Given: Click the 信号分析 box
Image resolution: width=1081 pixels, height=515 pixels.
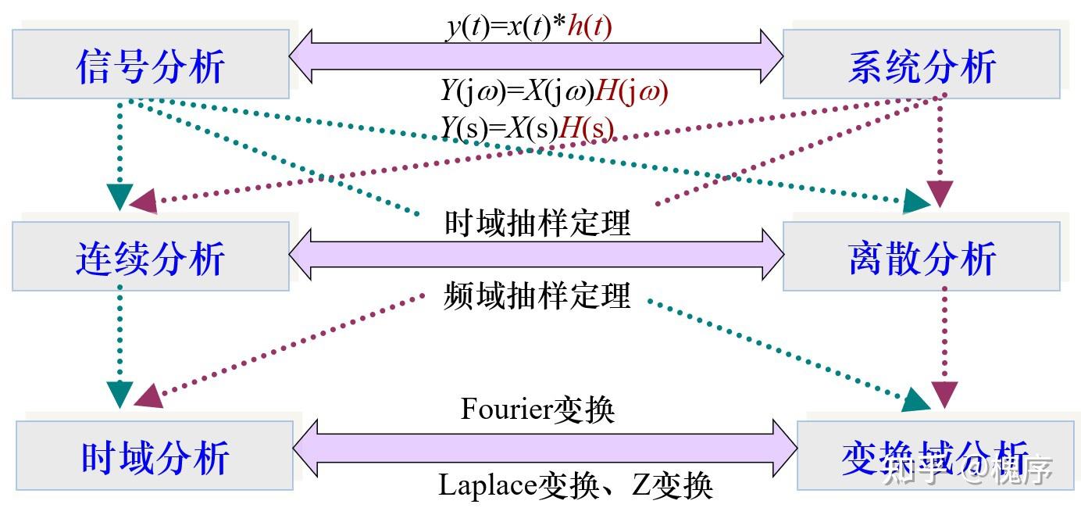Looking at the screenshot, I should point(150,66).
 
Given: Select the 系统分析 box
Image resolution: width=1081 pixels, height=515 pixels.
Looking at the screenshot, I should point(921,66).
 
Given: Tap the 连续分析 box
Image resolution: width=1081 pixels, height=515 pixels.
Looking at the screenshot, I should point(150,257).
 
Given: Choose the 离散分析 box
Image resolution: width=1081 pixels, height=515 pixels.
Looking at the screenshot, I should point(921,257).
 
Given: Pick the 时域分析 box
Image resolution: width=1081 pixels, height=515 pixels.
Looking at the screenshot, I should point(155,456).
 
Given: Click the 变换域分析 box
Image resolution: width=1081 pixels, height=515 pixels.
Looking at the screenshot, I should point(934,456).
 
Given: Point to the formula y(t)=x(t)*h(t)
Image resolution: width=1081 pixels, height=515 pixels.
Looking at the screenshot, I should point(529,27).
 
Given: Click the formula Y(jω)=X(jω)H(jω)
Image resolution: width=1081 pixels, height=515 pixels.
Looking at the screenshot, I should point(555,92).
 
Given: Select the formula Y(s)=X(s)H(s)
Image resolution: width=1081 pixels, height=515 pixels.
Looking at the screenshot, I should point(527,127).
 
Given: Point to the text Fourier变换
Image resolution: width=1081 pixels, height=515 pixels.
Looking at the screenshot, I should point(537,409).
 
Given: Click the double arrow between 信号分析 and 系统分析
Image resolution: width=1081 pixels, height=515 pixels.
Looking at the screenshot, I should point(536,56).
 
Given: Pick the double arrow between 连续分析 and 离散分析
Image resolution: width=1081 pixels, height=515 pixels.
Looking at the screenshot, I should point(536,255).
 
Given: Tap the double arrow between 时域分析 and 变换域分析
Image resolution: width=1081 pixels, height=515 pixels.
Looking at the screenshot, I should point(545,448).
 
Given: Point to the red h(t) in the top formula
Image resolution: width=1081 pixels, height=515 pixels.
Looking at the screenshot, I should point(590,27).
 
